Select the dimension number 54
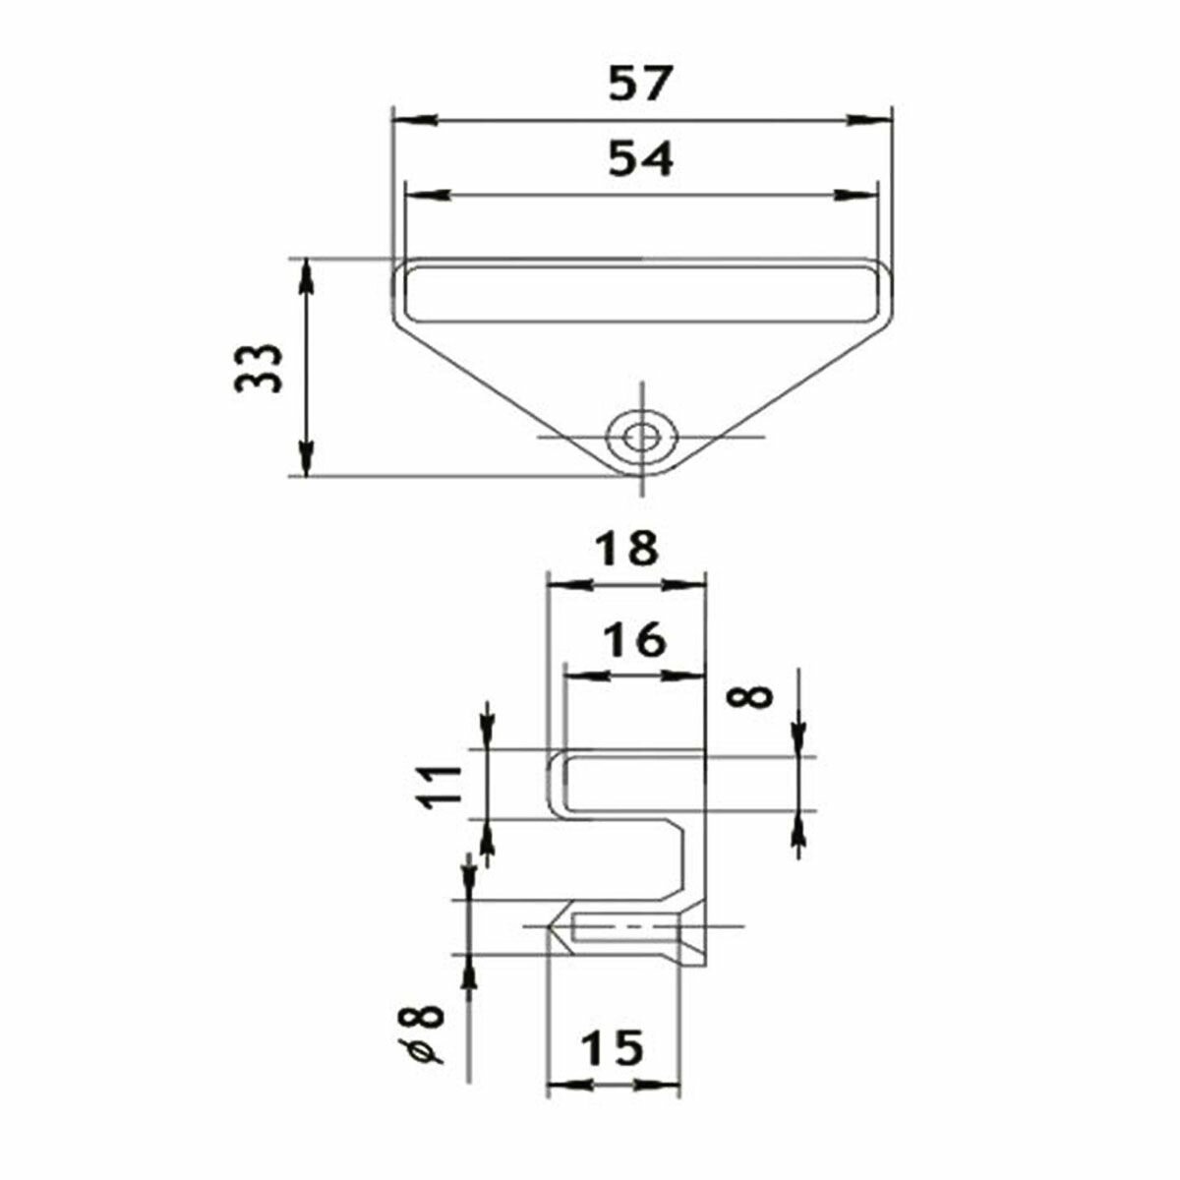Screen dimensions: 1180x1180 point(640,159)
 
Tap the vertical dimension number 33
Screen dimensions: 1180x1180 point(259,368)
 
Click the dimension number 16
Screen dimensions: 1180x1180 point(633,639)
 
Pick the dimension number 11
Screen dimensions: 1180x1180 point(439,787)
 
